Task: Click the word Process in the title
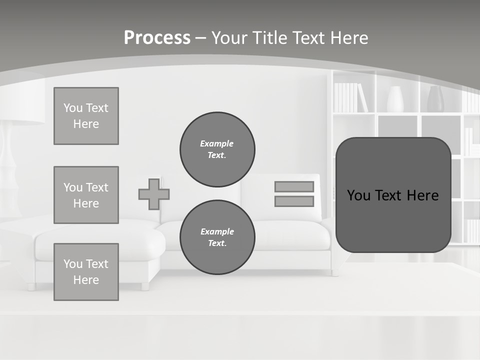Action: pos(157,38)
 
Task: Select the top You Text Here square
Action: pos(86,116)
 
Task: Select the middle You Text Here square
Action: pos(86,195)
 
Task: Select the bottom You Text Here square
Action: pos(86,272)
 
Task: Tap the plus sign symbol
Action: pos(154,194)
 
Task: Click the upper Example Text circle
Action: pos(217,149)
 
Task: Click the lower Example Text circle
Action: pos(217,237)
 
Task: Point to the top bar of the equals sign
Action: pos(294,186)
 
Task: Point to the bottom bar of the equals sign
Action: pos(294,201)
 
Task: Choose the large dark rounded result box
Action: pos(393,195)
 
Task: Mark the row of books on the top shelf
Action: pos(350,97)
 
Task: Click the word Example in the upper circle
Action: pos(216,143)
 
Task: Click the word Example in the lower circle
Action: pos(217,231)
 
